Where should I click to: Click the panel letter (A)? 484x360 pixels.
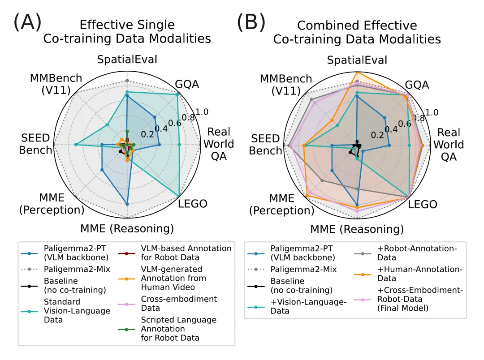point(27,21)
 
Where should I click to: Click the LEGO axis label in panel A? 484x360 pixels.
point(193,204)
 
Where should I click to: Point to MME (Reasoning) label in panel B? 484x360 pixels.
point(357,230)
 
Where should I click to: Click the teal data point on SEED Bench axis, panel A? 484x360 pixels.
point(76,145)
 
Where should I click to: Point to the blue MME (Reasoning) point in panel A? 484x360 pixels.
point(127,204)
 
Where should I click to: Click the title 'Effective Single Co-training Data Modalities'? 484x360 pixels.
point(127,31)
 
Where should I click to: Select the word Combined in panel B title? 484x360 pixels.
point(329,25)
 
